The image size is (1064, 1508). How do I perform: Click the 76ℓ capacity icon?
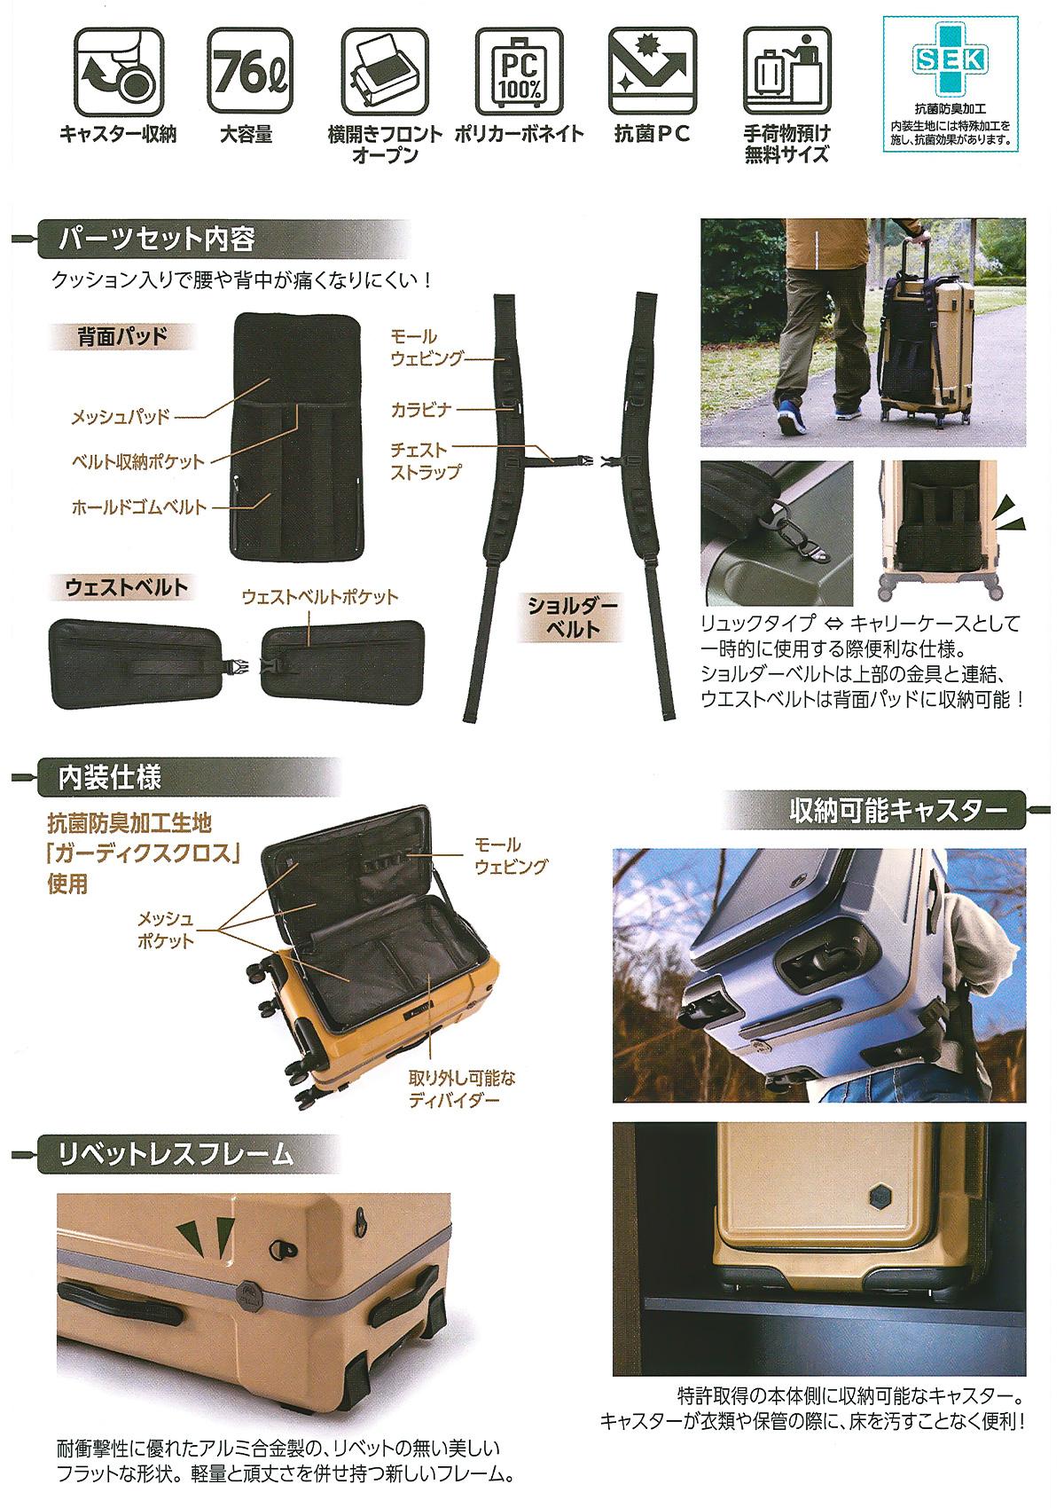250,71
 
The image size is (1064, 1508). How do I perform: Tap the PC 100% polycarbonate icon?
519,71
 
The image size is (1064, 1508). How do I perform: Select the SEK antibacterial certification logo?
951,59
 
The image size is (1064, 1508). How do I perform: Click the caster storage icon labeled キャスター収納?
117,71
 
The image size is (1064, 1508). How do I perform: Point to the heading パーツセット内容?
156,239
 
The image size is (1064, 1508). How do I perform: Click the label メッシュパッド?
121,417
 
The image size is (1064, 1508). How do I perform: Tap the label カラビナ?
420,409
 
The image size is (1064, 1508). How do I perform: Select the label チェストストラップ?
426,460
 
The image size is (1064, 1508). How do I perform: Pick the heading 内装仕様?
110,778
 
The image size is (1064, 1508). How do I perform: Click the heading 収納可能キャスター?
898,811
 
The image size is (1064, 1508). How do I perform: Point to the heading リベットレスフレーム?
175,1155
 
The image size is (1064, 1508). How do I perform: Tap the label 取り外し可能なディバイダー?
462,1088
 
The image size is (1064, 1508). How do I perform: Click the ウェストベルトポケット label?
320,596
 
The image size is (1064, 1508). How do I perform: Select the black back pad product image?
297,436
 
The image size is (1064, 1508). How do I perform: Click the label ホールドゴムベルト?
139,507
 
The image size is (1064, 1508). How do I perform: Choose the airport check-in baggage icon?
786,71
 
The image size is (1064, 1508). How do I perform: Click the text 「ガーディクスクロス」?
144,853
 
